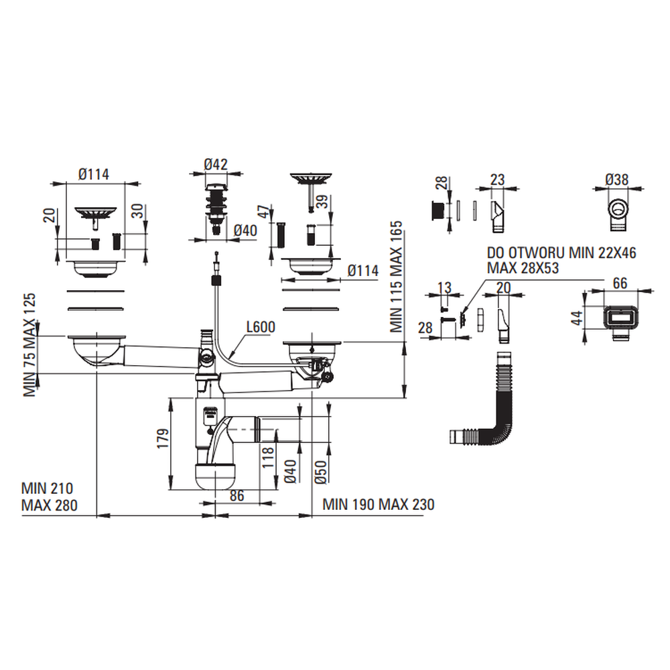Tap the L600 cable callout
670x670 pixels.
click(x=260, y=328)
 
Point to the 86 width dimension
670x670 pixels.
click(x=236, y=496)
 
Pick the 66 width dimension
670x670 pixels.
click(x=620, y=284)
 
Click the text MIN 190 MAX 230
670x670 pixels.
click(x=378, y=505)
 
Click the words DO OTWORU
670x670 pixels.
click(x=521, y=253)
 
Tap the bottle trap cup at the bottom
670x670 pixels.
click(x=214, y=474)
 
